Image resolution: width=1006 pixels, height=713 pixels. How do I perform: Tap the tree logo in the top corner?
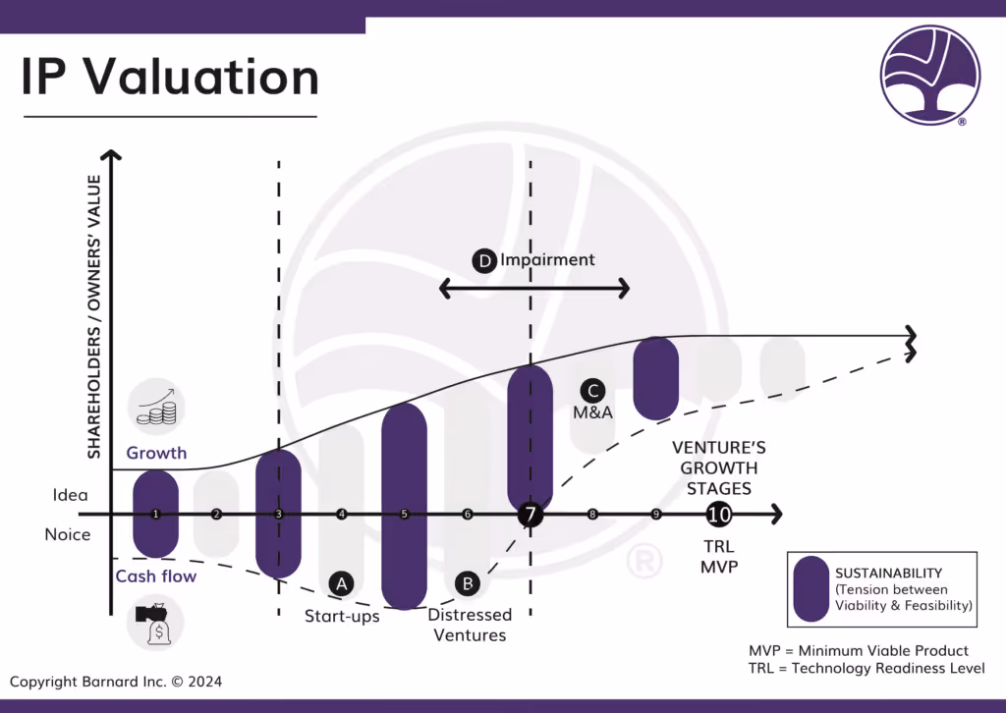(929, 74)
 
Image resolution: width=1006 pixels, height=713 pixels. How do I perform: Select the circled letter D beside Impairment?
(484, 261)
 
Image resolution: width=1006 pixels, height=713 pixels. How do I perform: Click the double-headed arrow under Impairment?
(533, 288)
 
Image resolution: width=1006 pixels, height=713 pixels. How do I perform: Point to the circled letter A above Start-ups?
(341, 583)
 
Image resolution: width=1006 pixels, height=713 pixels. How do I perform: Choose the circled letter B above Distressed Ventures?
(468, 583)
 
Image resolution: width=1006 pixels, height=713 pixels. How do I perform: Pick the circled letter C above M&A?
(591, 389)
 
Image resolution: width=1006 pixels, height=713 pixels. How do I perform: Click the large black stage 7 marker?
(531, 515)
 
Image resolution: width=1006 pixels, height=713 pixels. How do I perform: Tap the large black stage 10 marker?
(718, 514)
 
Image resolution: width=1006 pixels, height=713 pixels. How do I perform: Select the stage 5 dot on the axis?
(404, 515)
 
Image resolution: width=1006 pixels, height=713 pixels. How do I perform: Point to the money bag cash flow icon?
(156, 624)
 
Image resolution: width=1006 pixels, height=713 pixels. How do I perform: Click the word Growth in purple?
(156, 454)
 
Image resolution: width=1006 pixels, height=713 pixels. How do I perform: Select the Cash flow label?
(156, 576)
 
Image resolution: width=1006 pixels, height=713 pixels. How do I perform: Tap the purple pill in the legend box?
(810, 588)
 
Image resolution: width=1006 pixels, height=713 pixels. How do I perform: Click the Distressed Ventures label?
(470, 625)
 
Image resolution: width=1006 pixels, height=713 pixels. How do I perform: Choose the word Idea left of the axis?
(71, 495)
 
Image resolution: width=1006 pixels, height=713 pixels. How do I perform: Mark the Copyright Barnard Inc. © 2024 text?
(117, 681)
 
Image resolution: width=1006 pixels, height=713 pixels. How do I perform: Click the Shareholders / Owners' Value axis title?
(94, 316)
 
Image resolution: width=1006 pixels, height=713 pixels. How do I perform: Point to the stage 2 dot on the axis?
(216, 515)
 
